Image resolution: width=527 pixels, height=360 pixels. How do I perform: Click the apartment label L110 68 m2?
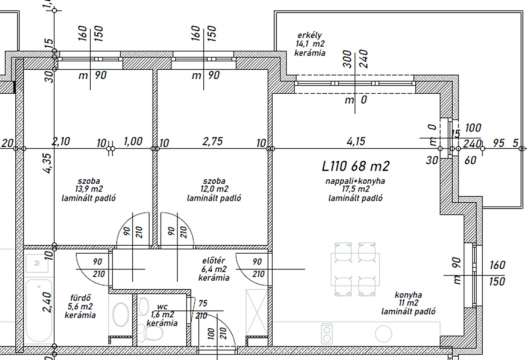click(x=356, y=166)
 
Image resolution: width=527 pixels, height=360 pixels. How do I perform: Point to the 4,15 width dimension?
click(x=356, y=141)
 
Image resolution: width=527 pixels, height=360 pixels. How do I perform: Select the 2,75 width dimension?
click(x=212, y=141)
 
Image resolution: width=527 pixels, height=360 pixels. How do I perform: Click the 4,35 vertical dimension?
click(x=48, y=163)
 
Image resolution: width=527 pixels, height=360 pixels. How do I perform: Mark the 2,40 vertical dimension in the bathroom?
click(x=48, y=302)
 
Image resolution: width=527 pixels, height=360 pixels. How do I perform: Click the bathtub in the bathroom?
click(x=39, y=311)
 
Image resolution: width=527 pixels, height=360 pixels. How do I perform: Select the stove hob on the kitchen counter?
click(x=327, y=333)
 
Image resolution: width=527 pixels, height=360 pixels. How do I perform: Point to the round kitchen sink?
click(x=383, y=334)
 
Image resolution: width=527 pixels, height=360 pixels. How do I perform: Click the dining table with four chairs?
click(x=355, y=269)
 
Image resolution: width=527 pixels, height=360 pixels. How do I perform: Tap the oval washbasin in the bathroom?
click(x=120, y=315)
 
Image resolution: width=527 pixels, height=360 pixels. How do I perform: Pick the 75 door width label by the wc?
click(x=203, y=304)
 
